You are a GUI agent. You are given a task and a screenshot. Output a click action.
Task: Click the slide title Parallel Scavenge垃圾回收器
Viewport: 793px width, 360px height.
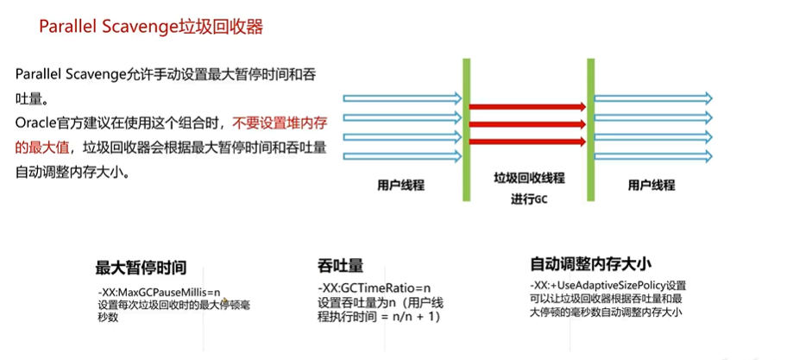coord(150,27)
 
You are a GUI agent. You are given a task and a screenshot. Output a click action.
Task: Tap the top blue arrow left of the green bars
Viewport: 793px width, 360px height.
coord(401,98)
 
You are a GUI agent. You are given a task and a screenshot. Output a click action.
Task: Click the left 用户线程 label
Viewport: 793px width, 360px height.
coord(400,185)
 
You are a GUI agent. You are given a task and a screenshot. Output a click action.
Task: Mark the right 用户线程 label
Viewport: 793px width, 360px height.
coord(651,185)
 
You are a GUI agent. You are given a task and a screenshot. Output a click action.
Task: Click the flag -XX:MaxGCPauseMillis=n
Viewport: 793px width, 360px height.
coord(160,291)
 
